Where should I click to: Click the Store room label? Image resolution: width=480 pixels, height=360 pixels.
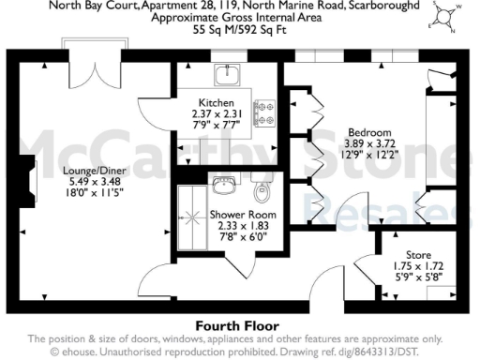[x=418, y=254]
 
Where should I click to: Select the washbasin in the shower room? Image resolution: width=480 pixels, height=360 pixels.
[x=225, y=183]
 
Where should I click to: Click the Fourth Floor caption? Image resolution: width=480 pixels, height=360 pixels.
[x=240, y=325]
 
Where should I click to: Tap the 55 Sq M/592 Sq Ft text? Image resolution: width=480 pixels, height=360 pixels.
[x=240, y=30]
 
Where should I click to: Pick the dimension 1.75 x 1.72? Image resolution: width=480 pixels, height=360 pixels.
[x=418, y=265]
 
